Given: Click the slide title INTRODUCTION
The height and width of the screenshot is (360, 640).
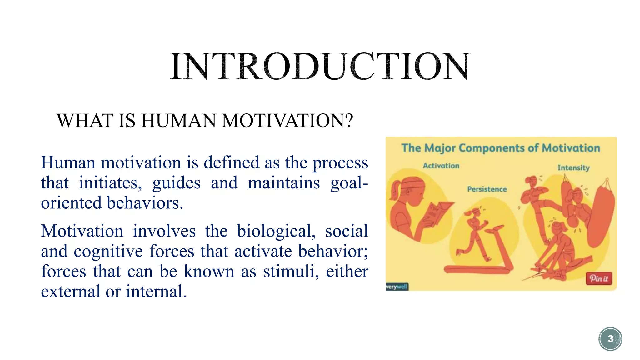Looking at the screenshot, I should click(x=320, y=67).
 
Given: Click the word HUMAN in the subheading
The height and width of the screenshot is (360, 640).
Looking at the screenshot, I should click(x=178, y=121).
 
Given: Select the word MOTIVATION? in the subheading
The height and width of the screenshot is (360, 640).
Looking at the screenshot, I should click(x=287, y=121).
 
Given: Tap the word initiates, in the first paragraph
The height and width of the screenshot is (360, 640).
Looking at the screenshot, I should click(x=110, y=183).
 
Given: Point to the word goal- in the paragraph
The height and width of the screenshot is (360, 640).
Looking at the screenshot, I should click(x=349, y=183).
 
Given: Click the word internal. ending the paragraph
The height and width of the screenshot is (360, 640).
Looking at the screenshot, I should click(x=156, y=292).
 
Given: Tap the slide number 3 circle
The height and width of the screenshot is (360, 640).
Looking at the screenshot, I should click(x=610, y=339).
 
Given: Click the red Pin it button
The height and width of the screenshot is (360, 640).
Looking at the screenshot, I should click(x=599, y=278).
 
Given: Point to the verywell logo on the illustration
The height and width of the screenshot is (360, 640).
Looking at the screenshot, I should click(x=397, y=287).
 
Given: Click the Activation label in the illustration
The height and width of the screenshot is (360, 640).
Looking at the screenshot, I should click(x=441, y=166).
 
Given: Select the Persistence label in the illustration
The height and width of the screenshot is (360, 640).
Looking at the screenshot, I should click(x=487, y=189).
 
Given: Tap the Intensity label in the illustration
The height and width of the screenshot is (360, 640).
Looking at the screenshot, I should click(x=573, y=168).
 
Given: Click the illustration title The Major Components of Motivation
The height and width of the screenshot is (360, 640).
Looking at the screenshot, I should click(x=501, y=148).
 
